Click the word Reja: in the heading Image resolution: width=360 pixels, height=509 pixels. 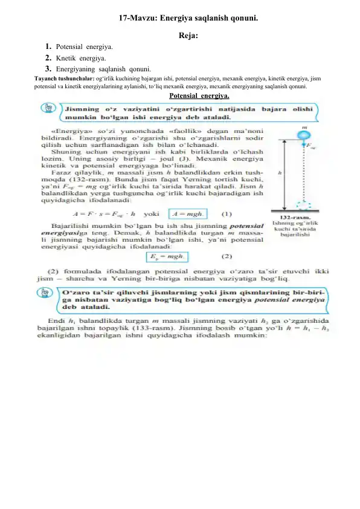pyautogui.click(x=189, y=35)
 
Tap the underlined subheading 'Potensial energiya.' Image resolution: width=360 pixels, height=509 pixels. pyautogui.click(x=199, y=96)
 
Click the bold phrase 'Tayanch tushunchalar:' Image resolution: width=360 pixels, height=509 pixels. pyautogui.click(x=64, y=78)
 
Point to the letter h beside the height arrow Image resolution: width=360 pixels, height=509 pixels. pyautogui.click(x=279, y=171)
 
